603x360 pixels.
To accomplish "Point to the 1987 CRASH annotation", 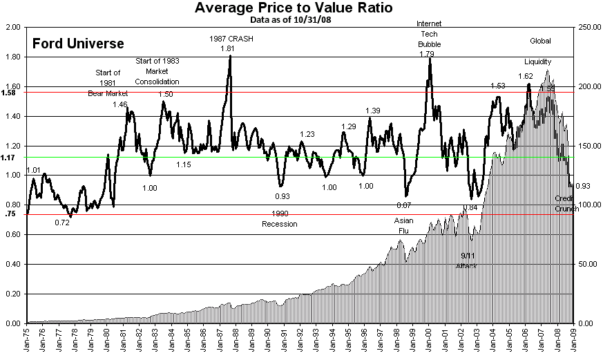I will [x=231, y=39].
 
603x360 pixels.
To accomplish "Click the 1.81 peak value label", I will [x=227, y=49].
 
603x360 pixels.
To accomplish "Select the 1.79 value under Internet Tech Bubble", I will [x=426, y=54].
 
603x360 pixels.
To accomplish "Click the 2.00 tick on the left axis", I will [x=13, y=28].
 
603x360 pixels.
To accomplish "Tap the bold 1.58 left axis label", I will [x=9, y=92].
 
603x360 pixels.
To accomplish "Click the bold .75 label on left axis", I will [x=10, y=214].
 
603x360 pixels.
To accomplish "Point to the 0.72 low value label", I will [x=62, y=222].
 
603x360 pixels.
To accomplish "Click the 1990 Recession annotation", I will [x=279, y=219].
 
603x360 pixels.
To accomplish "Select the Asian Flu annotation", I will [x=403, y=226].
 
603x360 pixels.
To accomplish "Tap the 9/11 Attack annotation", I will [x=466, y=261].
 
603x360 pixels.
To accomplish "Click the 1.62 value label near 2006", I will [x=525, y=76].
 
